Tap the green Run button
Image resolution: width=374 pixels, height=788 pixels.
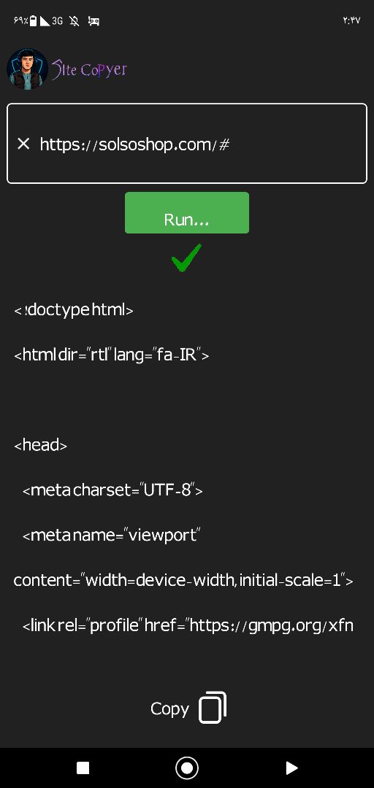click(x=187, y=212)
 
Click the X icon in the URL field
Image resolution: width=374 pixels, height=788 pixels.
click(x=23, y=144)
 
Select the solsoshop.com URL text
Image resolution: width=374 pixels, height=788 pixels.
click(x=135, y=144)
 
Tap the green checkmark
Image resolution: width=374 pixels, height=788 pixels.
click(x=186, y=258)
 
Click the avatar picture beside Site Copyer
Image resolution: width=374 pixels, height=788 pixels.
click(x=28, y=69)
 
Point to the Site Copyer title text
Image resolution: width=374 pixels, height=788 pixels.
click(x=89, y=69)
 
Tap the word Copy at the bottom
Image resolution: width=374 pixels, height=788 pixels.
click(x=169, y=708)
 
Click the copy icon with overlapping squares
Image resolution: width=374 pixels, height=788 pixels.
click(x=213, y=708)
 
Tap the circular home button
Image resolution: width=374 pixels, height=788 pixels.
click(x=187, y=768)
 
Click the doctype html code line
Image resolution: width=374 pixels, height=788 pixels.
click(x=74, y=310)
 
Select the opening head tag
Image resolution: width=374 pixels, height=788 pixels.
click(x=40, y=445)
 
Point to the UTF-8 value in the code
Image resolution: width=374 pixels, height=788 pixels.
click(x=167, y=490)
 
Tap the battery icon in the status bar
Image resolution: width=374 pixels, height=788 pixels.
click(x=33, y=20)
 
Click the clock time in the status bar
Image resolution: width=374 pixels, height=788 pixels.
click(x=351, y=21)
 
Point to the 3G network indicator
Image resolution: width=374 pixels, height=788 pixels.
click(x=58, y=21)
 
